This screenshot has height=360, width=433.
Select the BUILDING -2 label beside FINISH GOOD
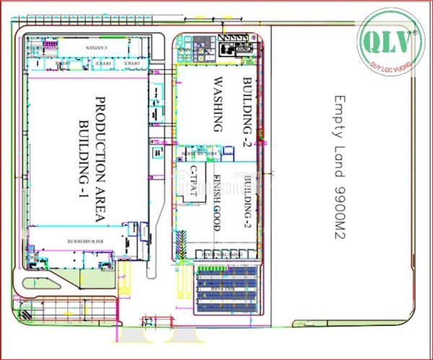(x=248, y=197)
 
